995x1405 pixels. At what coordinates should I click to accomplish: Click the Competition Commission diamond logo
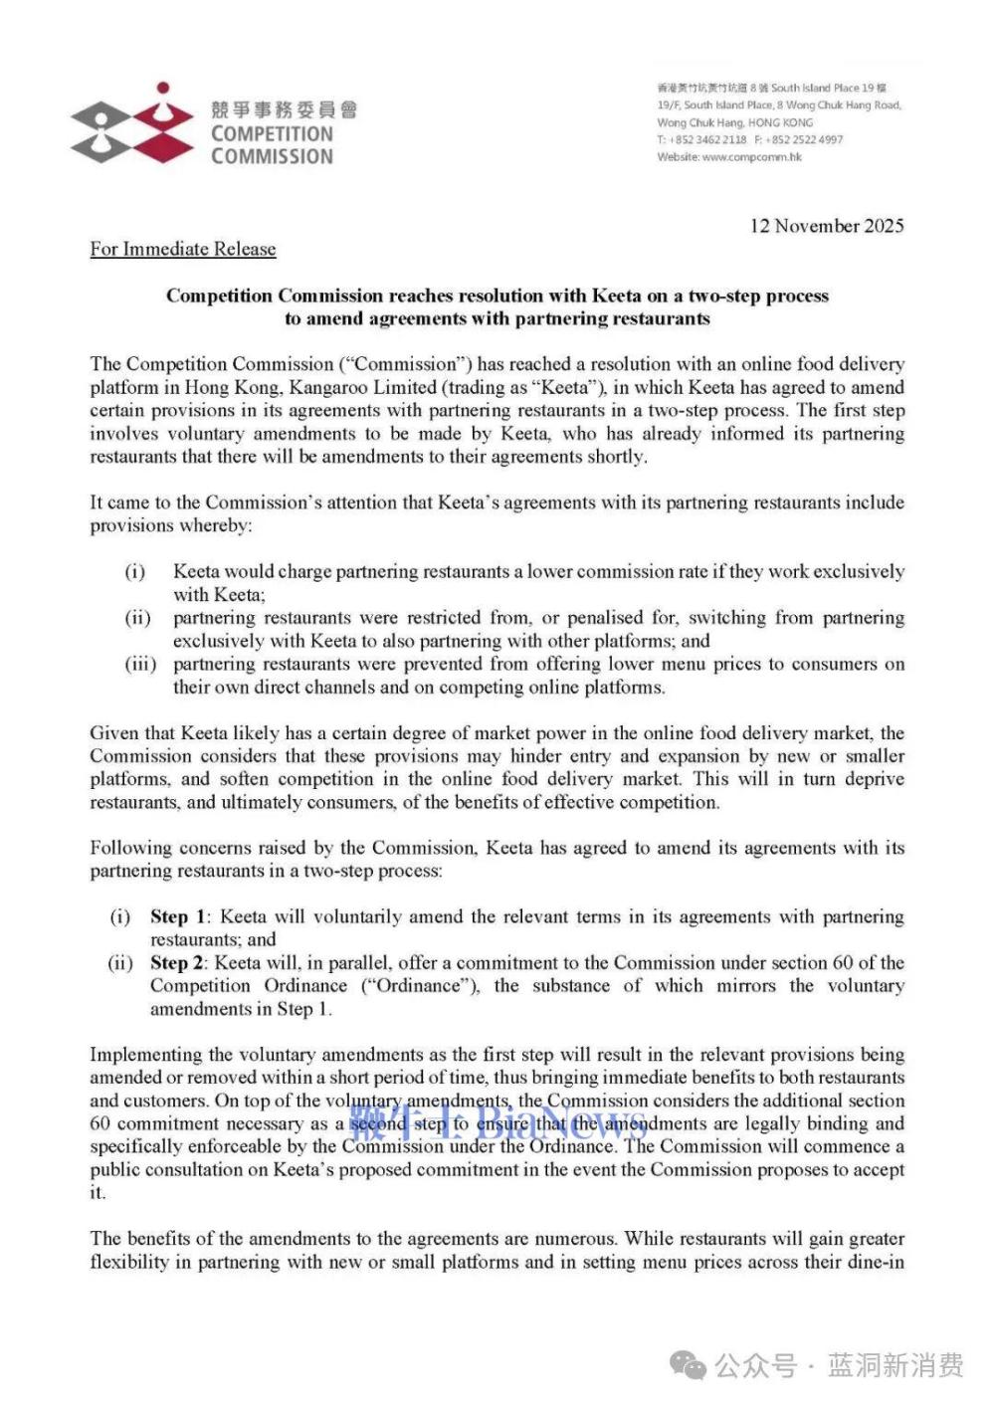click(132, 124)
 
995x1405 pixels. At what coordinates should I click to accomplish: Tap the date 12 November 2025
click(827, 226)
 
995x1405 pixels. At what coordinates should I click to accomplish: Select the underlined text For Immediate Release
click(183, 249)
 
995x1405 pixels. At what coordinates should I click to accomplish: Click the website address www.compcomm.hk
click(751, 157)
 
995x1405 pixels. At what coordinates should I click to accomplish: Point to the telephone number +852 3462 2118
click(707, 140)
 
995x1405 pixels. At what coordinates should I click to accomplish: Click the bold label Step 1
click(178, 916)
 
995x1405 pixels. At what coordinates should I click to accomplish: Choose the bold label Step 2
click(178, 962)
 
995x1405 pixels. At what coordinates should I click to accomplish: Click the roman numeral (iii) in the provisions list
click(140, 664)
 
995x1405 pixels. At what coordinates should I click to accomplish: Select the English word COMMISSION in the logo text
click(272, 156)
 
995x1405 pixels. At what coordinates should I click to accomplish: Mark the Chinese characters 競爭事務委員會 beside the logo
click(284, 109)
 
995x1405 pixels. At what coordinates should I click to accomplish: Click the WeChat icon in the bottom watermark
click(689, 1365)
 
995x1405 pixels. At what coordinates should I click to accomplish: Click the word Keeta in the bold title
click(617, 296)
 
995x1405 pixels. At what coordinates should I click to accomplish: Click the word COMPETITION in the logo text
click(272, 133)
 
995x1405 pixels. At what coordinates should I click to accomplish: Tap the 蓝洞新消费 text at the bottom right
click(895, 1365)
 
